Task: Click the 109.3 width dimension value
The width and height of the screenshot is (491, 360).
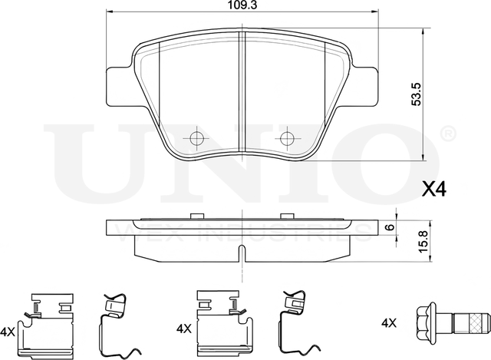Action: (242, 5)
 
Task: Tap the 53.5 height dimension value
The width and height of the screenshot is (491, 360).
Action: (417, 94)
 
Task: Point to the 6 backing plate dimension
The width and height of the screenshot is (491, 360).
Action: (390, 227)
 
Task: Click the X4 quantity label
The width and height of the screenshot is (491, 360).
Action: (434, 189)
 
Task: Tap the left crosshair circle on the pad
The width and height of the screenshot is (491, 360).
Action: (196, 138)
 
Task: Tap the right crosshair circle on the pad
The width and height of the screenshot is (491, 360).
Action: (287, 138)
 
